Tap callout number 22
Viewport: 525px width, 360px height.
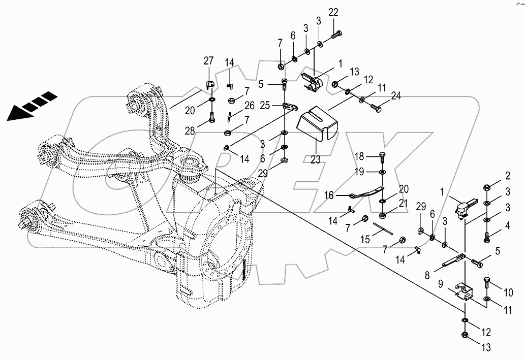333,12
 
